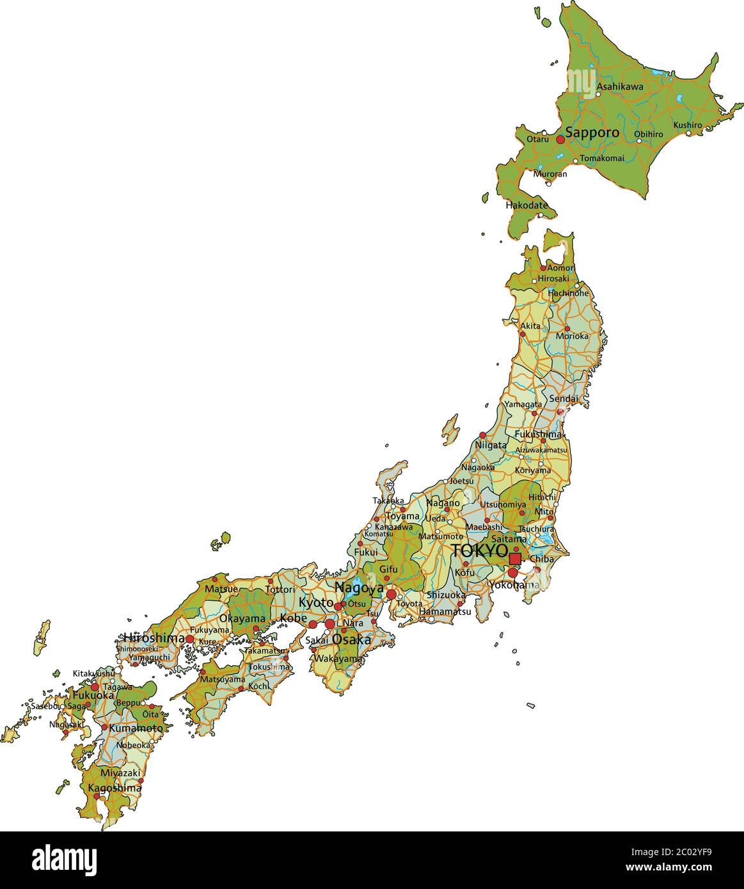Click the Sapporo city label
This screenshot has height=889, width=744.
592,133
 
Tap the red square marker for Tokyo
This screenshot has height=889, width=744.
515,558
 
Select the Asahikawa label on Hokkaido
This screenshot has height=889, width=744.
620,86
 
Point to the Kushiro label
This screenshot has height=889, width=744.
687,125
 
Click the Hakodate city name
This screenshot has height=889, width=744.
526,206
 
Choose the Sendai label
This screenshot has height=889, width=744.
564,398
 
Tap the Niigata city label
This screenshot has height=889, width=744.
491,445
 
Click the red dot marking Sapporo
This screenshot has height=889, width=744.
560,139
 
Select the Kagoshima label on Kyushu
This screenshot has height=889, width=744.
115,788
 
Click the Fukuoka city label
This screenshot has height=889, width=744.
93,695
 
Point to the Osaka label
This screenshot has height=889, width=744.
351,639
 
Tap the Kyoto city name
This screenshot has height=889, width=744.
316,602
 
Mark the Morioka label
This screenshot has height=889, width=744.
571,336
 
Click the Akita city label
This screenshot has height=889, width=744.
530,326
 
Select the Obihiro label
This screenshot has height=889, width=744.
648,134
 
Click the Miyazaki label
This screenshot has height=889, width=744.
120,773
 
